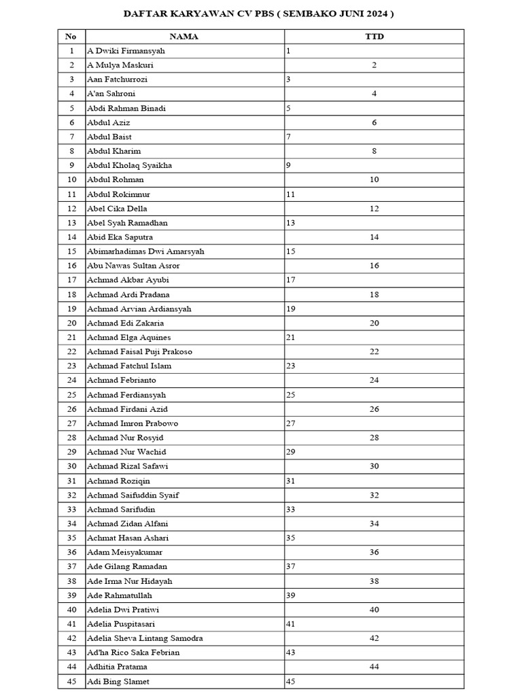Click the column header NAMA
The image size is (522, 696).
[x=184, y=37]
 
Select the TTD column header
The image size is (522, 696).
[x=375, y=37]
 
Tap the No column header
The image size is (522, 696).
[x=71, y=37]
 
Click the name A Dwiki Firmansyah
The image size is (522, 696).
[x=126, y=51]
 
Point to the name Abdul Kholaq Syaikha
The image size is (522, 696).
[x=129, y=165]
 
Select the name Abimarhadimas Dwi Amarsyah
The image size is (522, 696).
[x=145, y=251]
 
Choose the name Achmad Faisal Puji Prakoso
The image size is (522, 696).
[x=139, y=351]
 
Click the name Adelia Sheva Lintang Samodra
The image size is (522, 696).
[x=145, y=638]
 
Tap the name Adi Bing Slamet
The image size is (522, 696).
[x=118, y=681]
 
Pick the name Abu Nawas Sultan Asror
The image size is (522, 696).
[x=133, y=266]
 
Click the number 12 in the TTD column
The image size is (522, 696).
[x=375, y=209]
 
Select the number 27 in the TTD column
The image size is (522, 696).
[x=291, y=423]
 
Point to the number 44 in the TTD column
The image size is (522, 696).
[x=375, y=667]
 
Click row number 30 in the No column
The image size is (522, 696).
[x=71, y=466]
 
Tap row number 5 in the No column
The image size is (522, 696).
[x=71, y=108]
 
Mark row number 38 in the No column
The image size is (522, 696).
[x=71, y=581]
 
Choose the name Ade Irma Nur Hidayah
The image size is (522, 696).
[x=129, y=581]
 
